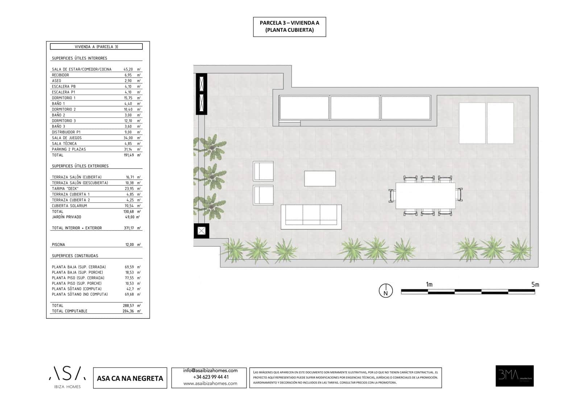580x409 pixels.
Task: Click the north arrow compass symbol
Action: point(386,291)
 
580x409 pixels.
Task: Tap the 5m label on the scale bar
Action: point(535,284)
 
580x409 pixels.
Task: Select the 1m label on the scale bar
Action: point(429,284)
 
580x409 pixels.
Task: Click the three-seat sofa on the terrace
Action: point(311,217)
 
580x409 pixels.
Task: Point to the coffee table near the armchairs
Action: point(320,178)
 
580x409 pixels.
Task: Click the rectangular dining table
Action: point(425,196)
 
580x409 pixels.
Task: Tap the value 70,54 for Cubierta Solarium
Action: point(129,206)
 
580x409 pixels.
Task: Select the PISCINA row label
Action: point(58,245)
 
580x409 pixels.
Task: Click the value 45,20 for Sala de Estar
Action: point(128,69)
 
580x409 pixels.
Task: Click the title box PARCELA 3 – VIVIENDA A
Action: point(289,26)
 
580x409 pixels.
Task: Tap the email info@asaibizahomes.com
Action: point(210,371)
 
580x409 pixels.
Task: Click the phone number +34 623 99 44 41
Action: point(211,377)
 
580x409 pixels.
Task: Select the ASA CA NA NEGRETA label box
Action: point(130,378)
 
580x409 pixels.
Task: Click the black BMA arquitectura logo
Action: point(514,376)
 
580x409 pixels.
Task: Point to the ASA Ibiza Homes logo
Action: point(67,377)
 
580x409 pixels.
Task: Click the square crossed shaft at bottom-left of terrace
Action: point(202,231)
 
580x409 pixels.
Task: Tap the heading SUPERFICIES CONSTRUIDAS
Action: point(75,256)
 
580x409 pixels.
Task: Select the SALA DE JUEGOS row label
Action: point(67,138)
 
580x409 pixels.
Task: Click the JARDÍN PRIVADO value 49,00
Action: point(129,217)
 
